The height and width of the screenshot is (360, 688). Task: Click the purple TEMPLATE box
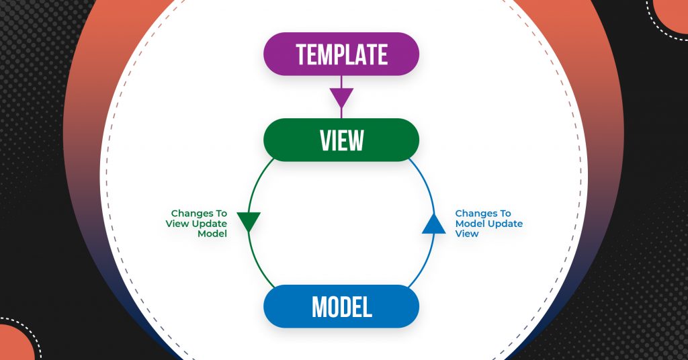tap(341, 54)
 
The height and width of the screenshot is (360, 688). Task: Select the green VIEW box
tap(341, 140)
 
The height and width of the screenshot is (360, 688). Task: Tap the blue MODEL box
tap(341, 306)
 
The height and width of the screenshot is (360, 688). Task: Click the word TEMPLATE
tap(342, 54)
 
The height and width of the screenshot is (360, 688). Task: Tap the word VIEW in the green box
tap(342, 140)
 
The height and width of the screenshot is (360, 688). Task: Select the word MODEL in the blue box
tap(342, 306)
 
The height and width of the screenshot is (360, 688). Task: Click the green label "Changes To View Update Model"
tap(197, 224)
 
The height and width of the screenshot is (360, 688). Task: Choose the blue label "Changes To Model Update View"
tap(489, 224)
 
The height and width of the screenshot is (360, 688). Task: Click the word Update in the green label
tap(209, 224)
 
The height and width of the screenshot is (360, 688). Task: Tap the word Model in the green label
tap(212, 234)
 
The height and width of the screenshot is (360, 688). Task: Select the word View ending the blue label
tap(466, 234)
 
